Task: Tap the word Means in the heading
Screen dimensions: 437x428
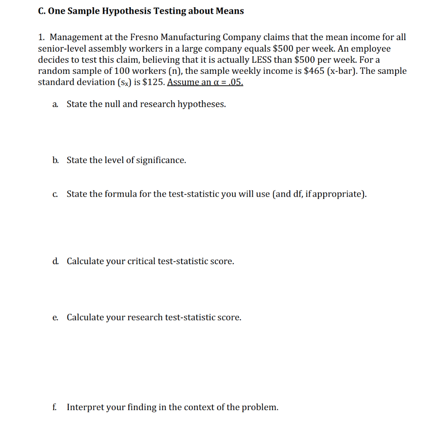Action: pos(230,11)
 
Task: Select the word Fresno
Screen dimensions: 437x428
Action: pos(145,37)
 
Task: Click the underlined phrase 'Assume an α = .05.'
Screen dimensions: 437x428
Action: pos(205,82)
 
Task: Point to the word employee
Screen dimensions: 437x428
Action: pos(371,48)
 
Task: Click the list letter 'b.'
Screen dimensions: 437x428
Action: pos(56,160)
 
